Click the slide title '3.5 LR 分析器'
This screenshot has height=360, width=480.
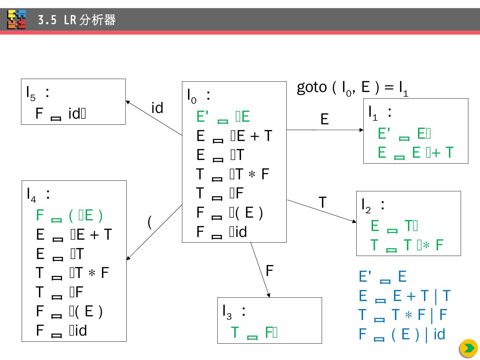tap(77, 20)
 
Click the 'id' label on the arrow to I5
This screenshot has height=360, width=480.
tap(157, 108)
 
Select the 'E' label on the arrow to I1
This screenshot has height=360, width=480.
tap(324, 119)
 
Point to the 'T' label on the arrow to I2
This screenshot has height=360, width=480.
tap(322, 202)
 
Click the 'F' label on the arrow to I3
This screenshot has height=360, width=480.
tap(269, 271)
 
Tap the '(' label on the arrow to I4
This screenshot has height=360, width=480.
tap(150, 222)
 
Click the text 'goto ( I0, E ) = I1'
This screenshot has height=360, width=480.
tap(352, 88)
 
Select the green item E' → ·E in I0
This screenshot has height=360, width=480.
tap(223, 117)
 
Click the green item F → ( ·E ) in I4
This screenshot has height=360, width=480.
tap(69, 215)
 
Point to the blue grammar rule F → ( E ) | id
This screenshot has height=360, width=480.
tap(402, 334)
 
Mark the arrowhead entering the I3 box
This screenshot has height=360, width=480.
tap(269, 295)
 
